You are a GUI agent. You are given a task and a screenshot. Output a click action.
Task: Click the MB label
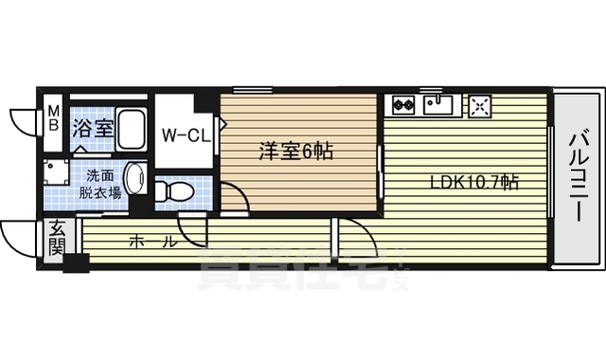coord(53,120)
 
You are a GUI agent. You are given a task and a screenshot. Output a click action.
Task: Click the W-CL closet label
coord(185,135)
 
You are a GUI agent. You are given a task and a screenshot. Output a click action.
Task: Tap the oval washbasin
coord(135,180)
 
